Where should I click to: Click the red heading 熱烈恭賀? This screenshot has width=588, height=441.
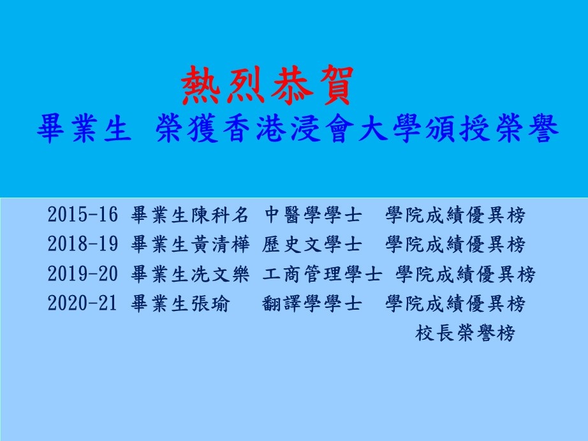(268, 86)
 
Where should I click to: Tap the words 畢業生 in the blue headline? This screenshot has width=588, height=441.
(84, 128)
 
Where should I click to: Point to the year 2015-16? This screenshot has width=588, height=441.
(82, 215)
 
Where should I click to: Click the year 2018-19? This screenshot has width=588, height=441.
(82, 244)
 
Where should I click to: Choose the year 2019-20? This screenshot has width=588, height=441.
(82, 273)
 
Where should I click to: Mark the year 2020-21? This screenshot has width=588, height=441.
(82, 303)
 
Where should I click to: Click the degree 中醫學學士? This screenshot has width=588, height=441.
(312, 215)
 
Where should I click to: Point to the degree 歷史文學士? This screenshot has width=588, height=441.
(312, 244)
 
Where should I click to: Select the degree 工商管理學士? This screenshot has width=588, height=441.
(322, 273)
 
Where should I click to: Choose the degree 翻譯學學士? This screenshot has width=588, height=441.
(312, 303)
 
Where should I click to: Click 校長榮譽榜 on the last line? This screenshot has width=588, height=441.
(465, 332)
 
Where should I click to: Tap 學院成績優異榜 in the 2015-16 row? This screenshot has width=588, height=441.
(455, 215)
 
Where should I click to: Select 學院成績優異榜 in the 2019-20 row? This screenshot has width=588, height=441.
(466, 273)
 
